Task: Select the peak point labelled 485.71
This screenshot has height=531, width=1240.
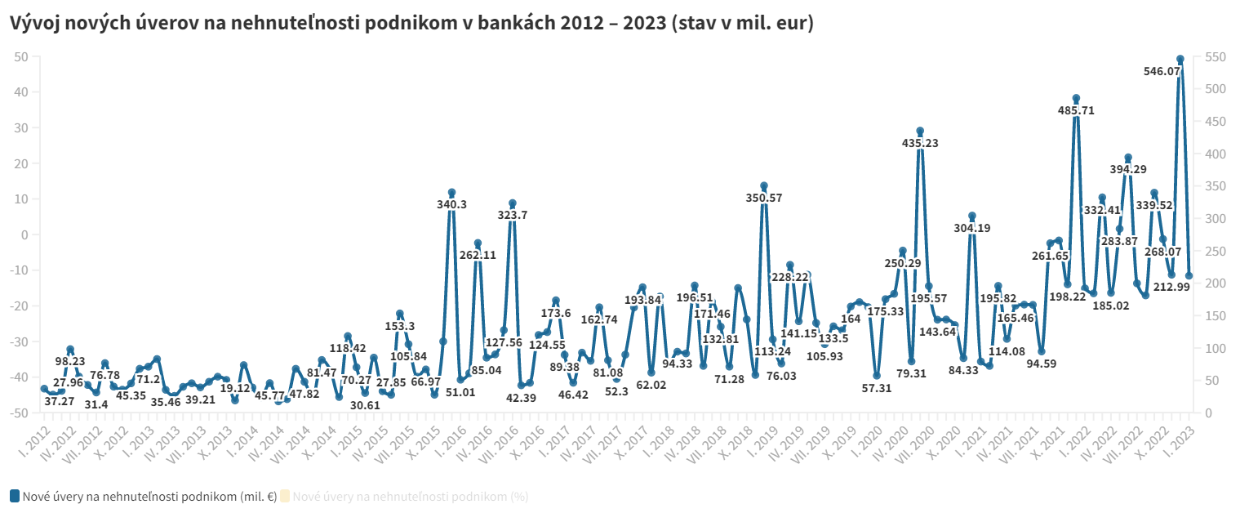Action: (1076, 99)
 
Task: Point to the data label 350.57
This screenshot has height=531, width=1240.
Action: (763, 198)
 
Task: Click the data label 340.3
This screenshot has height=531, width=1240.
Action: (451, 204)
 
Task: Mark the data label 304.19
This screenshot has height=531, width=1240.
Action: (971, 228)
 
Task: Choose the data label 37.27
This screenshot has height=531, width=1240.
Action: (60, 401)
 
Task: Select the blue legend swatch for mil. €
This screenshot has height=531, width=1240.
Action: (15, 496)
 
